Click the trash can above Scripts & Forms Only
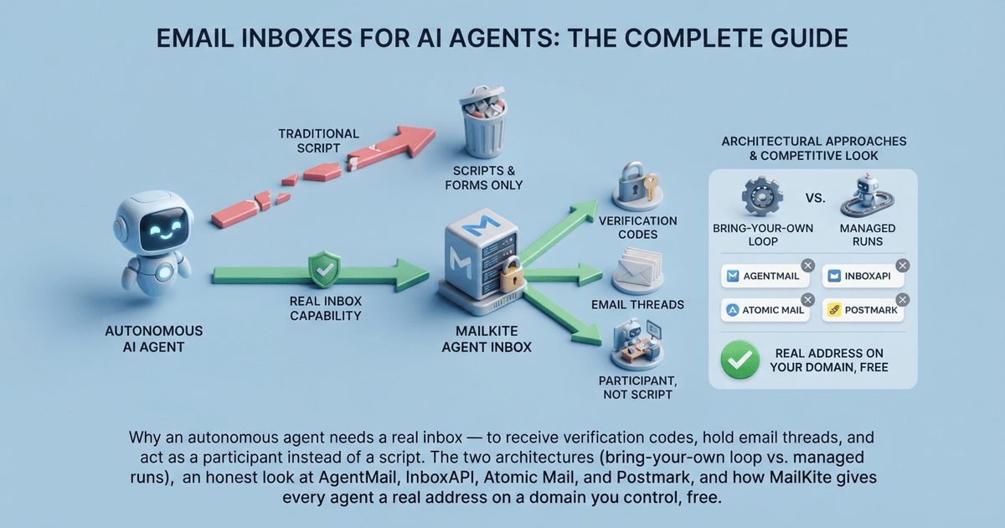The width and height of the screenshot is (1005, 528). point(483,122)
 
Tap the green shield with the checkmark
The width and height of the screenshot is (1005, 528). point(324,269)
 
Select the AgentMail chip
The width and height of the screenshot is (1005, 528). point(765,276)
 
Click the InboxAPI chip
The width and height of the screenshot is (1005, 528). point(863,276)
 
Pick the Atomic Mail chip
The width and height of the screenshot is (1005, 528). point(765,310)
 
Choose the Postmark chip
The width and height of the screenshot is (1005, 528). point(863,310)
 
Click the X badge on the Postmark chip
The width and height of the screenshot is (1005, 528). point(903,300)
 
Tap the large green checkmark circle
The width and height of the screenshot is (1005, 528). point(740,360)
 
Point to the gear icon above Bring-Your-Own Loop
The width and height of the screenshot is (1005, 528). point(762,196)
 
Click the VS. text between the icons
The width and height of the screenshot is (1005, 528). point(815,198)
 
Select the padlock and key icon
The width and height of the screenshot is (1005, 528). point(637,186)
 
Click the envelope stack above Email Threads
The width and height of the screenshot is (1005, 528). point(637,272)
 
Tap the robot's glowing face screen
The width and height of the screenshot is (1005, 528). point(162,229)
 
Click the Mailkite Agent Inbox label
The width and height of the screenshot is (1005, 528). point(487,339)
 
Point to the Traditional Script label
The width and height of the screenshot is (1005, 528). point(318,141)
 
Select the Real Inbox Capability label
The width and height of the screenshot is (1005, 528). point(326,308)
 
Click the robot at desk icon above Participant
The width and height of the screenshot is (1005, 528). point(637,344)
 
